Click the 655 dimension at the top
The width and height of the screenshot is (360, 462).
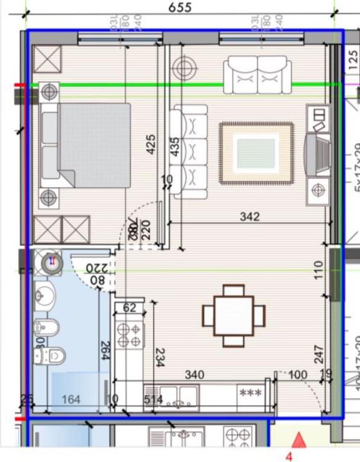[x=179, y=7]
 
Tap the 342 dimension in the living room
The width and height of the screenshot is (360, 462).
[x=249, y=216]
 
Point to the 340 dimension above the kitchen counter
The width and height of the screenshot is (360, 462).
[x=194, y=375]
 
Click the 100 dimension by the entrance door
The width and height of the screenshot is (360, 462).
[x=297, y=375]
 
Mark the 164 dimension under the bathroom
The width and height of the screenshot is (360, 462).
[x=71, y=399]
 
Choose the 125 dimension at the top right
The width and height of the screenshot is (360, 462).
[x=353, y=61]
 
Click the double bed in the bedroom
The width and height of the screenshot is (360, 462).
[x=85, y=145]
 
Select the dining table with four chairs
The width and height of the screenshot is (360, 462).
[x=234, y=315]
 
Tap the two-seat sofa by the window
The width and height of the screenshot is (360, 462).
[x=257, y=75]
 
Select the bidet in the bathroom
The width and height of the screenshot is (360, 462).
[x=46, y=327]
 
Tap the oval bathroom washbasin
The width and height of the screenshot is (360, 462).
[x=44, y=295]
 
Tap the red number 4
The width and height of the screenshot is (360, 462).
[x=288, y=455]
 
